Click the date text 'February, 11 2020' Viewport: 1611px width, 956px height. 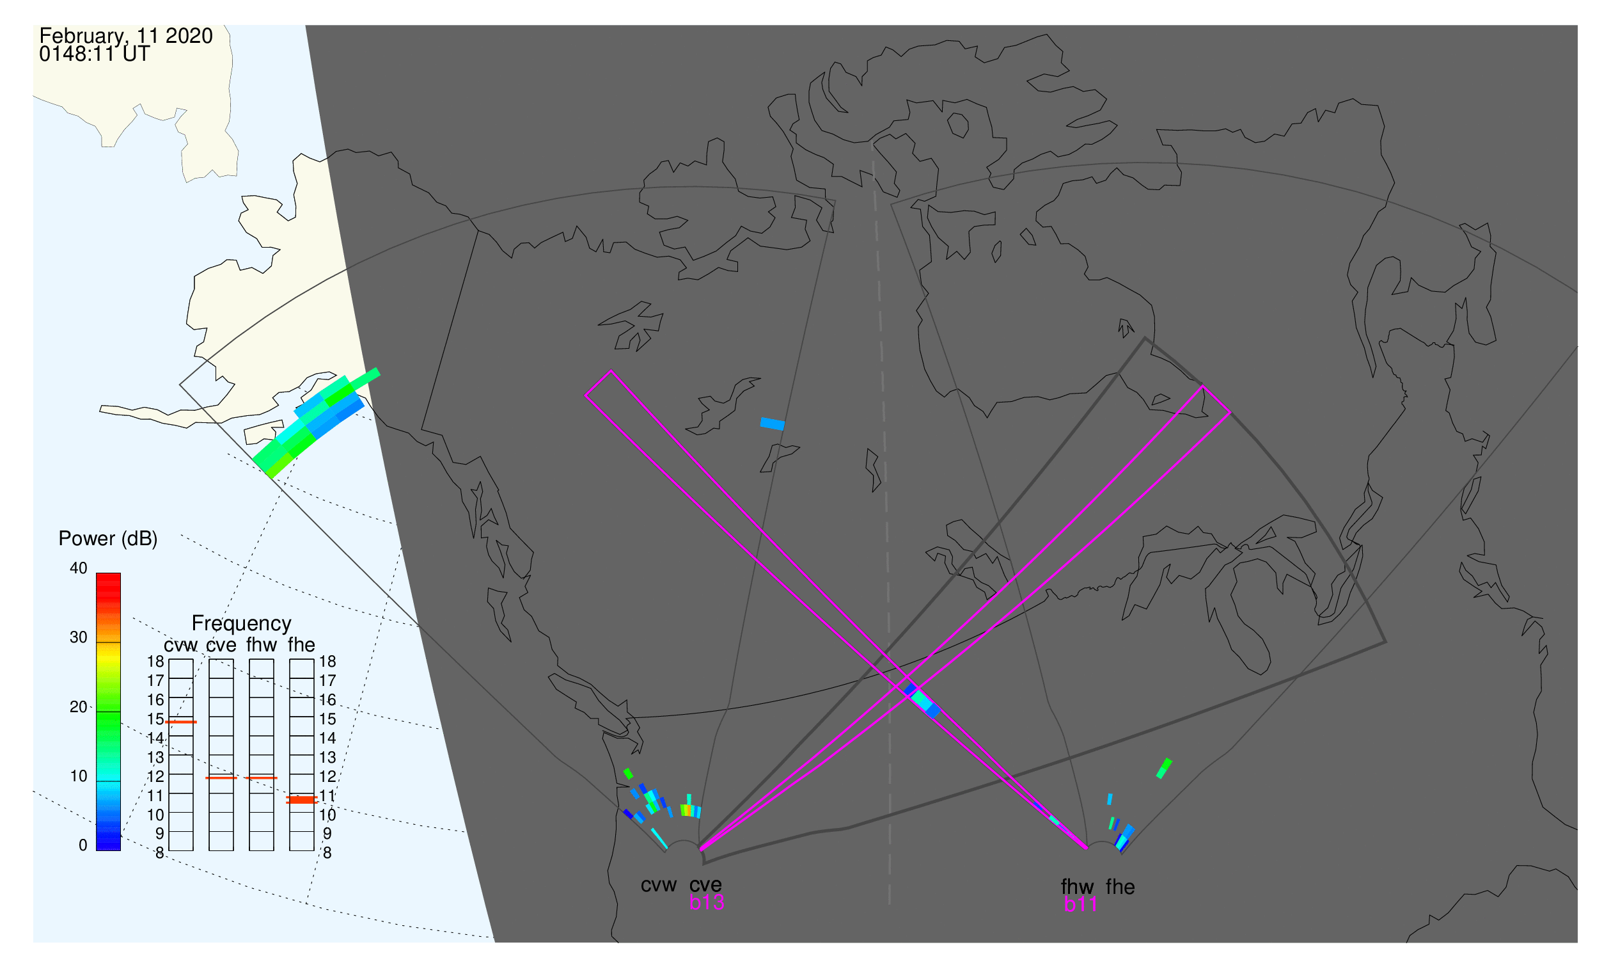click(126, 36)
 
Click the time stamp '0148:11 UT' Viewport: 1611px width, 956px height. click(95, 54)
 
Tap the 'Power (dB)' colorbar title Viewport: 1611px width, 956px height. click(108, 539)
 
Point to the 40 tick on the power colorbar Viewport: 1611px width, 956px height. click(79, 568)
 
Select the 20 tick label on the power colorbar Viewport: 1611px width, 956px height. click(79, 707)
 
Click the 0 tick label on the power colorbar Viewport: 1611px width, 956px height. click(83, 846)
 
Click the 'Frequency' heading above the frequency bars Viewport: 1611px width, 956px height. click(242, 624)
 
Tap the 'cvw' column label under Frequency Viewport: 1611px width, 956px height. click(181, 646)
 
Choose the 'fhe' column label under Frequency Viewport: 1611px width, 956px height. click(301, 645)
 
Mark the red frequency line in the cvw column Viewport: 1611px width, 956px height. click(181, 722)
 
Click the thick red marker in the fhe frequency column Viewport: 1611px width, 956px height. click(302, 800)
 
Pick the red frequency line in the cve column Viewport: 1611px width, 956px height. click(221, 778)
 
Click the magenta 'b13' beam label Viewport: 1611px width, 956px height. click(707, 903)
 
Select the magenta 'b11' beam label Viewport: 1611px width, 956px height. click(1080, 905)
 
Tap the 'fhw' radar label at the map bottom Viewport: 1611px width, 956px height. click(1078, 887)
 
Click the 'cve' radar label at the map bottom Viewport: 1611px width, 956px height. click(705, 885)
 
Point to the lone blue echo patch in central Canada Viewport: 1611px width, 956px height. click(773, 424)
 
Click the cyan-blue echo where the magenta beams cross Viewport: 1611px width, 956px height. click(923, 701)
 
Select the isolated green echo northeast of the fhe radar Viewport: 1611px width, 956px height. click(1164, 769)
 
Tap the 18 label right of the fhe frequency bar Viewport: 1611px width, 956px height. click(327, 662)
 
